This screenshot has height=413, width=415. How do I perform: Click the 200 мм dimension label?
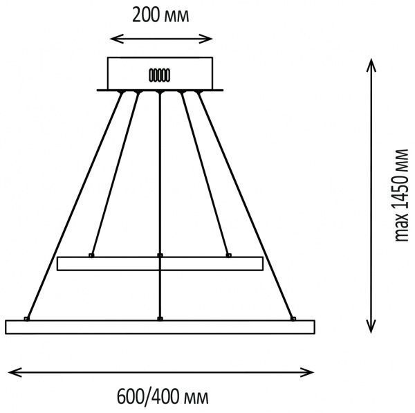click(x=160, y=15)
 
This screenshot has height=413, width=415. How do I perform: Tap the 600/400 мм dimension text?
click(x=163, y=397)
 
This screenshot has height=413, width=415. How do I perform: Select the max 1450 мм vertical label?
click(x=401, y=195)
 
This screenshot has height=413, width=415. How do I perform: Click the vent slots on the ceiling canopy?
click(x=159, y=75)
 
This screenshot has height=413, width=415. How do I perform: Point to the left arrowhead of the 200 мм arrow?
click(x=117, y=39)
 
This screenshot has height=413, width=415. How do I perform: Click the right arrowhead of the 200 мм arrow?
click(x=206, y=39)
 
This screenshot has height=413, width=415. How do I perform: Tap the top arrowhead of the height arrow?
click(x=371, y=65)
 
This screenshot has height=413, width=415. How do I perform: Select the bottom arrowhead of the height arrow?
click(x=371, y=326)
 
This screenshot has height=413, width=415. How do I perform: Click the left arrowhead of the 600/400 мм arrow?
click(x=15, y=372)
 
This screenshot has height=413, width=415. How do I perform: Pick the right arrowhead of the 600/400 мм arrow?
click(x=307, y=372)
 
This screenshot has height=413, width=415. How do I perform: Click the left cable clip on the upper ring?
click(x=91, y=255)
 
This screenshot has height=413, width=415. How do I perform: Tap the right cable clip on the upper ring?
click(x=229, y=255)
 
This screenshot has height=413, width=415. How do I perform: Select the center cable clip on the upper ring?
click(x=160, y=255)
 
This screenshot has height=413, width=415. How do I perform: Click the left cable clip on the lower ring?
click(x=27, y=318)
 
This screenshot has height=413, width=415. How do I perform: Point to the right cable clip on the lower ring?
click(x=293, y=318)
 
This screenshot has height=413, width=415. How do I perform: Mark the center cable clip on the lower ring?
click(x=160, y=318)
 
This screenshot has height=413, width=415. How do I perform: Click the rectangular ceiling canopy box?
click(x=160, y=73)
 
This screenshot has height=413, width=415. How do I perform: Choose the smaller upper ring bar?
click(x=160, y=264)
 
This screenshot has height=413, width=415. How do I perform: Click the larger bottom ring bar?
click(x=160, y=327)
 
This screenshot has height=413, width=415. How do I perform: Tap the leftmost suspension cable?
click(x=75, y=205)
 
